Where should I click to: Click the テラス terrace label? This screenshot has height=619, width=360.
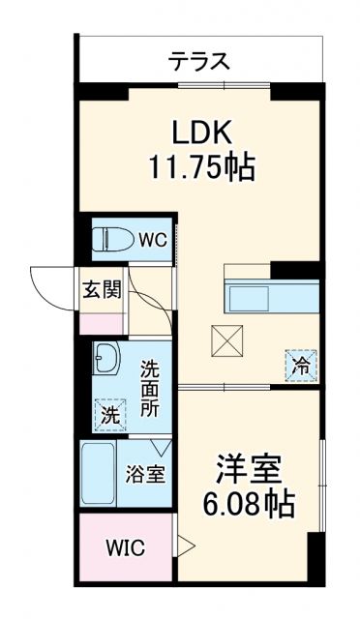coord(199,62)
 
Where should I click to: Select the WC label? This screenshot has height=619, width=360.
coord(150,236)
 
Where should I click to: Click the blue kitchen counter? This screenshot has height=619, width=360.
coord(271,295)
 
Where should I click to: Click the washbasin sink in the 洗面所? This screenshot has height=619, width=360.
coord(105,361)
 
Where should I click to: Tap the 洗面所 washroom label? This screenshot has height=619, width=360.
coord(150,387)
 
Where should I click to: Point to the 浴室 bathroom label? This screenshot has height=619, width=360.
coord(146,475)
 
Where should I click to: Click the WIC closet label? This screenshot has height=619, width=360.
coord(125,548)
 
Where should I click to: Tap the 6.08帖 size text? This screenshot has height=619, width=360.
coord(248,506)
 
